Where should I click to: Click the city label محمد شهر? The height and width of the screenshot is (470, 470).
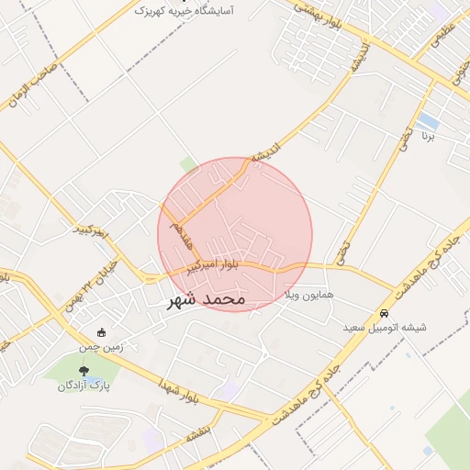pos(207,299)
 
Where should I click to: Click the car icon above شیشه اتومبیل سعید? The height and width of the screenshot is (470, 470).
pos(384,312)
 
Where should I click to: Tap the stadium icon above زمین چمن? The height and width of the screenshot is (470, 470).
pos(102,332)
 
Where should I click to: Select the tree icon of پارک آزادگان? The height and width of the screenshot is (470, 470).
pos(84,371)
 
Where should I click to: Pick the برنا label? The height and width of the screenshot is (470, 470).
pos(427,135)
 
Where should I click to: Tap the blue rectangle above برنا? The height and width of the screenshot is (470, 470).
pos(427,120)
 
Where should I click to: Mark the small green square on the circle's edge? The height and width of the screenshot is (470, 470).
pos(189,165)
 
